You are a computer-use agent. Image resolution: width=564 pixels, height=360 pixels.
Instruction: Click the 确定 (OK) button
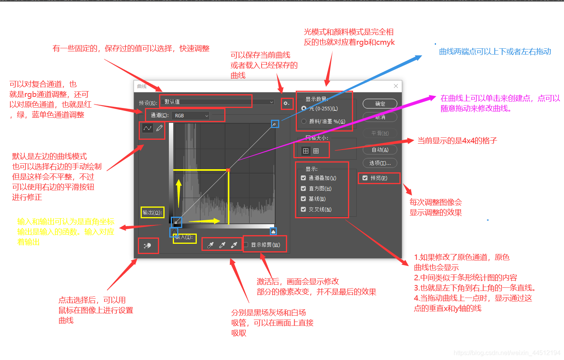pos(380,104)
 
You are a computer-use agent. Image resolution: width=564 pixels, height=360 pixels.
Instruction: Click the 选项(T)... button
pos(380,163)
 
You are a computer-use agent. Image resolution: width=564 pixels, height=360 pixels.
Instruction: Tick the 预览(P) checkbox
pos(365,178)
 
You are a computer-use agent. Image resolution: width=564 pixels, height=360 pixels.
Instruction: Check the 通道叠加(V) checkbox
pos(303,178)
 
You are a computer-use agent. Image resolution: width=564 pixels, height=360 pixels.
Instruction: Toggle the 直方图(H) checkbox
pos(303,188)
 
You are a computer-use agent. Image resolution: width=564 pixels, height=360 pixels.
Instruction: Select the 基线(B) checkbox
pos(303,199)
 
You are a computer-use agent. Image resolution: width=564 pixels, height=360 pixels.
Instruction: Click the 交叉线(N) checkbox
pos(303,209)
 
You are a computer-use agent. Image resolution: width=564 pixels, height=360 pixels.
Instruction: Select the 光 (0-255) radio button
pos(304,108)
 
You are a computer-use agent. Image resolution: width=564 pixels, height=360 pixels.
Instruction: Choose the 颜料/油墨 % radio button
pos(304,121)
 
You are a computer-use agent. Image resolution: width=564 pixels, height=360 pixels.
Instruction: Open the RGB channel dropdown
pos(191,115)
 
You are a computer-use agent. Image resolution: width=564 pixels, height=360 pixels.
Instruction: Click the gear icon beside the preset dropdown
pos(286,104)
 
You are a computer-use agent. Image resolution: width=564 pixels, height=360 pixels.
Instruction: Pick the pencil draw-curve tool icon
pos(159,128)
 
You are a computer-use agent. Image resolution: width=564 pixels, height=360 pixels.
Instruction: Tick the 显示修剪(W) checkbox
pos(246,245)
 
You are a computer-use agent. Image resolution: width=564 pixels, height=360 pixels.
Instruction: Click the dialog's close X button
pos(396,86)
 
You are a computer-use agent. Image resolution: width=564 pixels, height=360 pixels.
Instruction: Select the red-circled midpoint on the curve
pos(228,170)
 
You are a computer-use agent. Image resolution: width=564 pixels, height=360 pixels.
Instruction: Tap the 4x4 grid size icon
pos(306,151)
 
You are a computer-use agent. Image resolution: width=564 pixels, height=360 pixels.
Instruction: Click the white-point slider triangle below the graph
pos(273,231)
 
